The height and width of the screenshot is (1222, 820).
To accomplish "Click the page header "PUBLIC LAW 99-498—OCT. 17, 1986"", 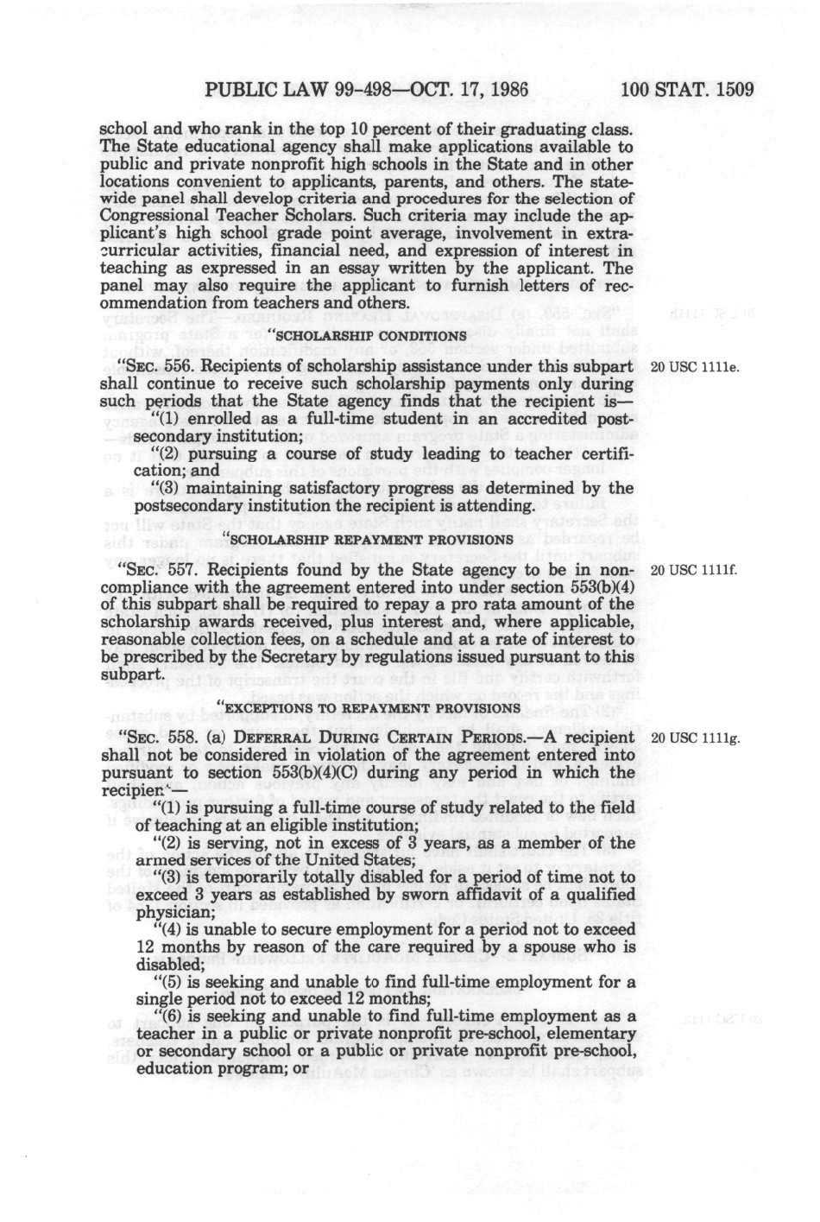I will point(368,90).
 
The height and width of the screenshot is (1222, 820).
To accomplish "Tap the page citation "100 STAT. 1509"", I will point(688,90).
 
